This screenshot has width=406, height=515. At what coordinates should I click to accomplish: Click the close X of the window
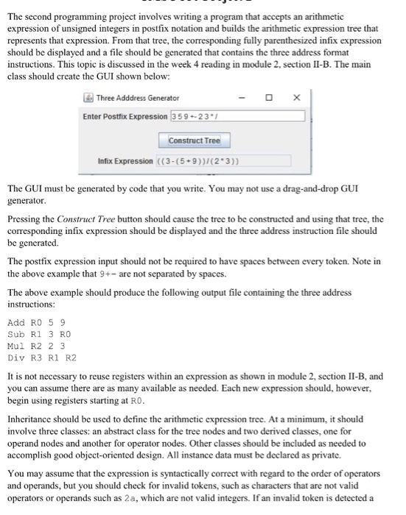coord(297,98)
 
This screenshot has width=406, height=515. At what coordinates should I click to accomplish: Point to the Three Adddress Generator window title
coord(137,98)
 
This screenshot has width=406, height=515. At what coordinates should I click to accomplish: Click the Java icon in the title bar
coord(88,98)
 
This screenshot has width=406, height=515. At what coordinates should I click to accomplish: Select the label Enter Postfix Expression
coord(125,116)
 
